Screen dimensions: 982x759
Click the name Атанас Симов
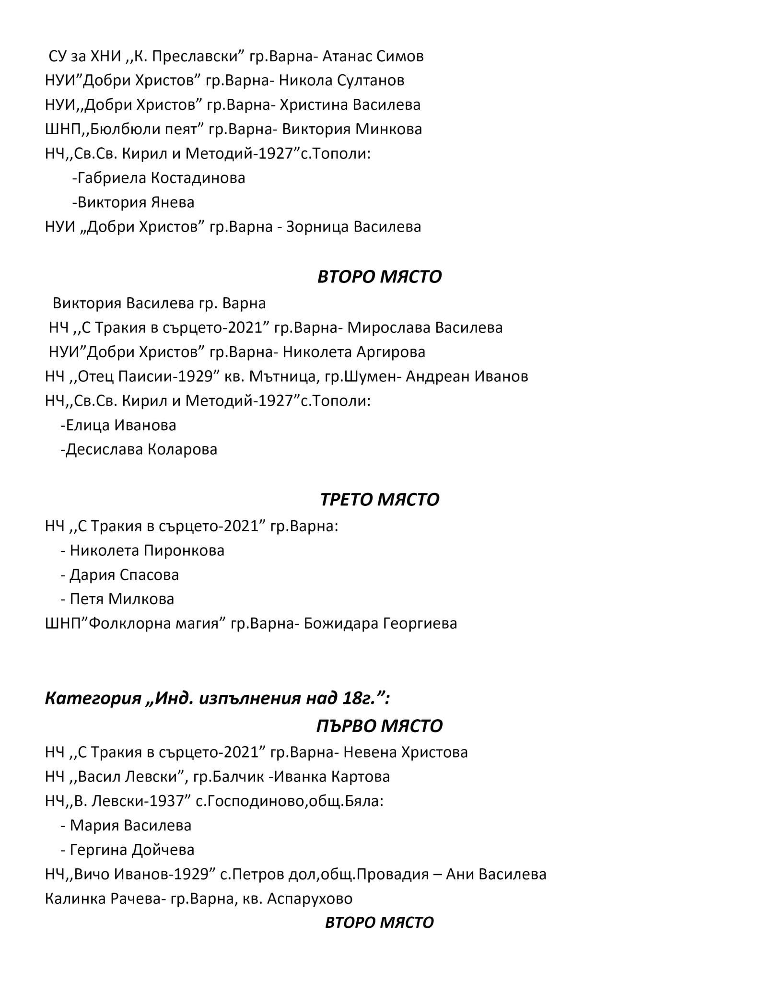tap(373, 57)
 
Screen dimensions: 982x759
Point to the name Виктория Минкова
tap(352, 129)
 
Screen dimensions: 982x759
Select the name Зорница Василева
tap(353, 227)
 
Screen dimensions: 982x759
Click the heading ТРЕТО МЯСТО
tap(379, 500)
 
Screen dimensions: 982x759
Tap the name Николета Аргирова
tap(354, 352)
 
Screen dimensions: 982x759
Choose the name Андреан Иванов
tap(467, 377)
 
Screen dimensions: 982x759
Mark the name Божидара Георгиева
tap(380, 624)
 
